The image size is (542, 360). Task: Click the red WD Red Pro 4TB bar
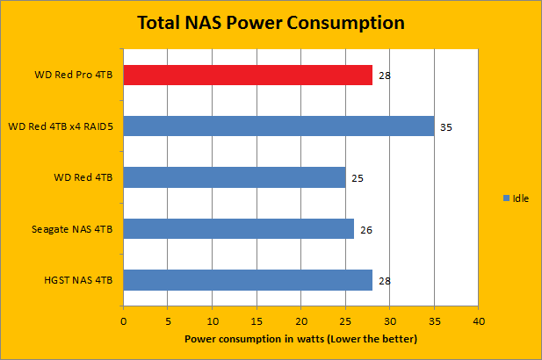[x=248, y=75]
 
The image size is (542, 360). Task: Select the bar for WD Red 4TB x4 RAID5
[x=278, y=126]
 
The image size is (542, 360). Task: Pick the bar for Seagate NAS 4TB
[x=238, y=229]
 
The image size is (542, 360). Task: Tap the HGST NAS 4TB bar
[x=248, y=280]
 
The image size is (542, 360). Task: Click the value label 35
[x=446, y=127]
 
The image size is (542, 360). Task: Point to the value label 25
[x=358, y=178]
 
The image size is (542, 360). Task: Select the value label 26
[x=366, y=230]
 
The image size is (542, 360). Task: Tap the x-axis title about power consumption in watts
[x=300, y=338]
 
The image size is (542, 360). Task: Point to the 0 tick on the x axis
[x=124, y=320]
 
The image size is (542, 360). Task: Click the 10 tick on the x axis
[x=213, y=320]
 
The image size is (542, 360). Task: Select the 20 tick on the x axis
[x=301, y=320]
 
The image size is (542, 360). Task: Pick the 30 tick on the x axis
[x=389, y=320]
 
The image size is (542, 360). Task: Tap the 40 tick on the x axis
[x=478, y=320]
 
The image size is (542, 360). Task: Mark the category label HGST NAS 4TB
[x=77, y=280]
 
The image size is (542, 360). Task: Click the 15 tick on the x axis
[x=257, y=320]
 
